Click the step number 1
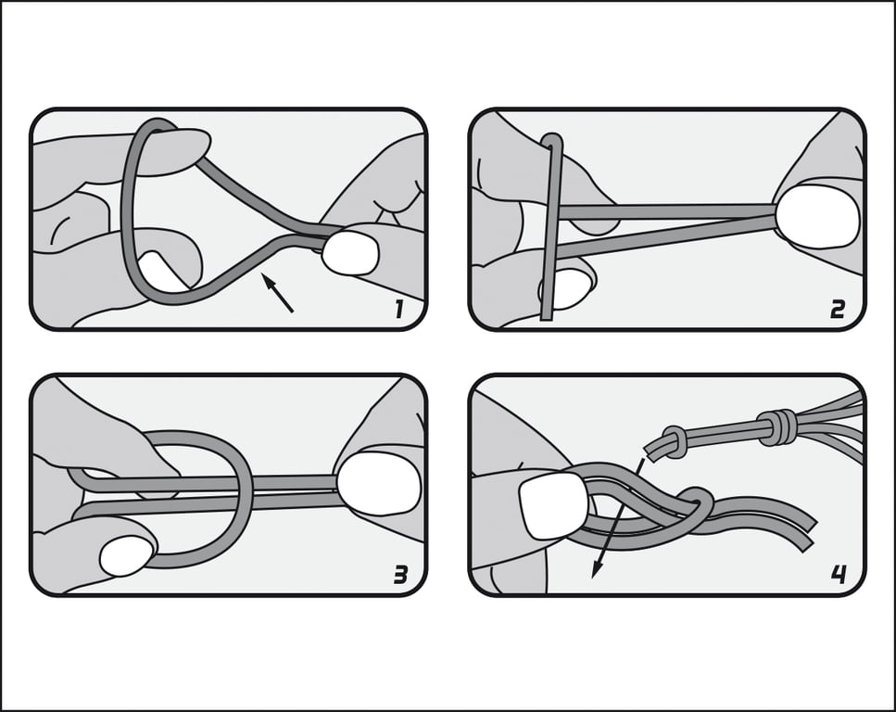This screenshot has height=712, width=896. [398, 310]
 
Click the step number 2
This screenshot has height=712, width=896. [837, 310]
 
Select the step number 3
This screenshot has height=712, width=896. [400, 575]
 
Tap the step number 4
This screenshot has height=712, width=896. [839, 574]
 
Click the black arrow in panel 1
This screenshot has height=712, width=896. [278, 293]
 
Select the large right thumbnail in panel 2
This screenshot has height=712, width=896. [818, 216]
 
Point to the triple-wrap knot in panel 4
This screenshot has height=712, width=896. [776, 426]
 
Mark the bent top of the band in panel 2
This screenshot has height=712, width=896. [551, 139]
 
